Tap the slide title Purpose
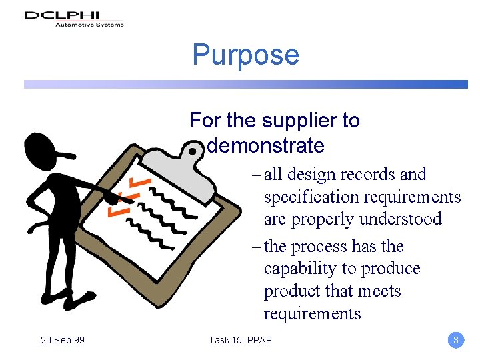tap(245, 55)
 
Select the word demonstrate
tap(266, 145)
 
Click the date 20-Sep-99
tap(63, 340)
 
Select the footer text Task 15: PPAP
tap(240, 340)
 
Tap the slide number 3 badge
tap(455, 340)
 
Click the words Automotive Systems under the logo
tap(89, 25)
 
